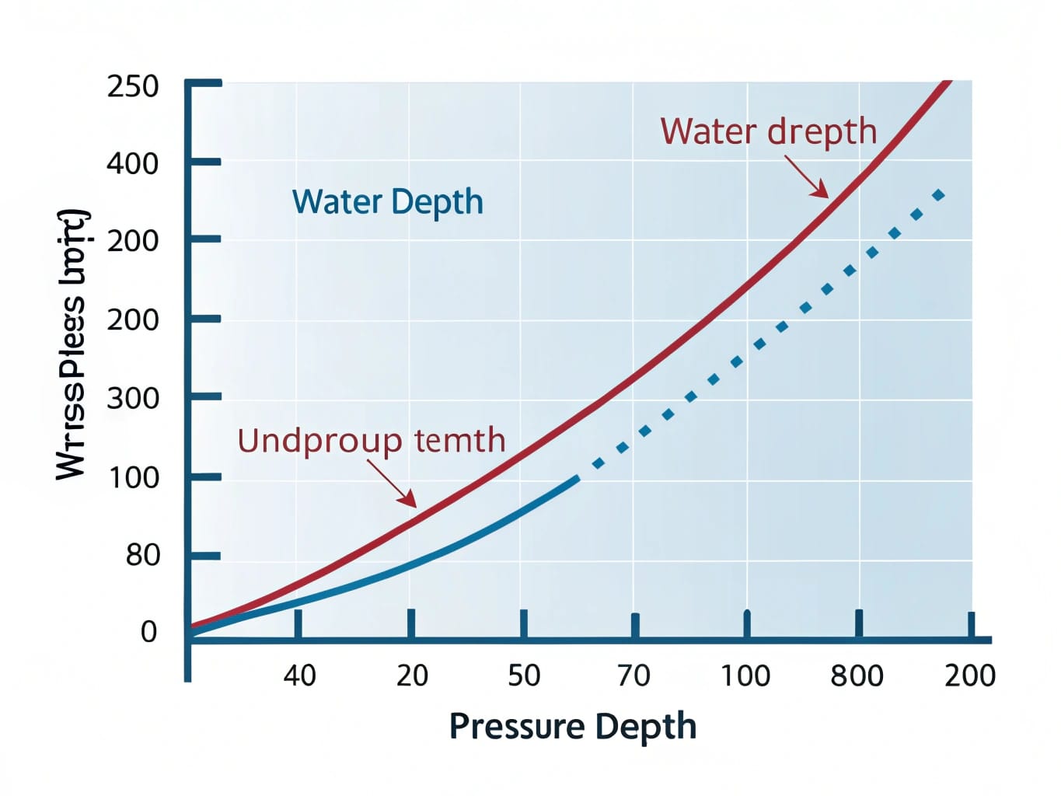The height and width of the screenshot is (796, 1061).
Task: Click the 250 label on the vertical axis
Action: click(132, 86)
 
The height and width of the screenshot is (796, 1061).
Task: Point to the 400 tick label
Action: click(132, 163)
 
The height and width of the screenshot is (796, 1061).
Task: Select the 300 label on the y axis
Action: click(132, 399)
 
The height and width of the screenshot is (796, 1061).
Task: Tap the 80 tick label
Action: click(142, 555)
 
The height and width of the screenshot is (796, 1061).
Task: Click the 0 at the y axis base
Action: click(148, 632)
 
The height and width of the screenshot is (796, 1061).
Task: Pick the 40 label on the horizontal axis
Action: click(299, 676)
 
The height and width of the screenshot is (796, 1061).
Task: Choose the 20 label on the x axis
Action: click(412, 676)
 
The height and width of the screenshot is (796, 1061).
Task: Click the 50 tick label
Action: click(524, 676)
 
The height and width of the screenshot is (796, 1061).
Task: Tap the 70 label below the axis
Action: click(634, 676)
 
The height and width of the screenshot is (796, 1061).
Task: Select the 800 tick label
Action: click(857, 676)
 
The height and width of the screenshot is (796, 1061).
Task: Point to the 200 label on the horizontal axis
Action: click(969, 676)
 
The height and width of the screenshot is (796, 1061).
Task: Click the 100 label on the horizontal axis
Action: click(745, 676)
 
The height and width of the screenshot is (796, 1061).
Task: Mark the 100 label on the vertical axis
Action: click(132, 477)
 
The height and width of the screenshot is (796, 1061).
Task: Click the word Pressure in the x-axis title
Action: click(517, 727)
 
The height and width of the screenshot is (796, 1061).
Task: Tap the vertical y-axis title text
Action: click(72, 344)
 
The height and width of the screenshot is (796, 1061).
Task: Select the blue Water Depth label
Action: click(387, 202)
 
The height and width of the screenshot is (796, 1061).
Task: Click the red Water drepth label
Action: click(768, 131)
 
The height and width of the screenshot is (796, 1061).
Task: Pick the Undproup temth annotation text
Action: click(371, 441)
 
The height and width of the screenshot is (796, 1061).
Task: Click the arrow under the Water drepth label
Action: click(808, 177)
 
